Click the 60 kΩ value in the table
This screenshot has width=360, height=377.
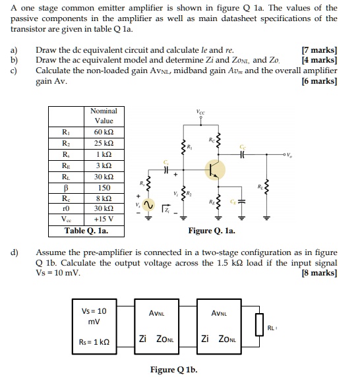tap(104, 132)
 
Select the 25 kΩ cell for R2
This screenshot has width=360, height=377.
tap(104, 143)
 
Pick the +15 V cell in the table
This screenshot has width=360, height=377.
tap(104, 219)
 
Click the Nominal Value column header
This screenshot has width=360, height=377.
tap(104, 116)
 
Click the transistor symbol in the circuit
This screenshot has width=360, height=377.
tap(215, 170)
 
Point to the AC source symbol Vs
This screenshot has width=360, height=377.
tap(148, 205)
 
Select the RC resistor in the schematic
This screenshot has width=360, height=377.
tap(218, 140)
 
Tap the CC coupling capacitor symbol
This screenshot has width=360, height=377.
tap(243, 154)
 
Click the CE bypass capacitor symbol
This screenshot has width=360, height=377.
tap(242, 202)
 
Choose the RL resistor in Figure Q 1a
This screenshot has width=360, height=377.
tap(266, 187)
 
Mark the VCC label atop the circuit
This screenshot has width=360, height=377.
tap(200, 112)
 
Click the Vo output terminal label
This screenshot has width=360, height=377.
tap(289, 155)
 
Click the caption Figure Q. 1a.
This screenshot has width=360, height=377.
tap(212, 231)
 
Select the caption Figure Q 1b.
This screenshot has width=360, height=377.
tap(173, 370)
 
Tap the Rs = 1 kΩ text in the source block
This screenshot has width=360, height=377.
tap(94, 342)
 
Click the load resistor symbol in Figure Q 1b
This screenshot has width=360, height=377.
tap(259, 324)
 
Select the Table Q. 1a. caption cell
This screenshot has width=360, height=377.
tap(86, 231)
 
